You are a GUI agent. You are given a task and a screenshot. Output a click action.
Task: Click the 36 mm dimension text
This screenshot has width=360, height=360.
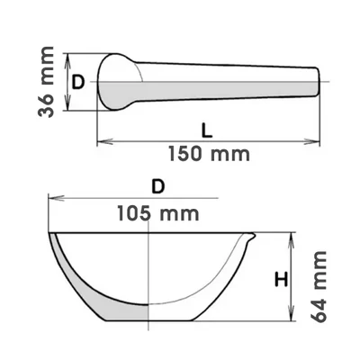[46, 82]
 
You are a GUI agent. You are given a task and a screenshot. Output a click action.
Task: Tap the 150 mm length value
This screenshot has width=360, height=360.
[209, 154]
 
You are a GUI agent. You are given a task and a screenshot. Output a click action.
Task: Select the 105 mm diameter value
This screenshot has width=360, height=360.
[158, 213]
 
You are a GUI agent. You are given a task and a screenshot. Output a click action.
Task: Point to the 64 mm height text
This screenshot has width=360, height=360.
[318, 286]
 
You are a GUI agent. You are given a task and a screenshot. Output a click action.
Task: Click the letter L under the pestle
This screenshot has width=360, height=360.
[207, 130]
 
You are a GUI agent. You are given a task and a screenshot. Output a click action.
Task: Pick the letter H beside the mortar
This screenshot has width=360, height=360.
[282, 280]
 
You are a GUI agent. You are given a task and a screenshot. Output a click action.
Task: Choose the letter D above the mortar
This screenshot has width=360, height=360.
[158, 187]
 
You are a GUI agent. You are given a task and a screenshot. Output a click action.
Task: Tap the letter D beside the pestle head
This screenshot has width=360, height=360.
[78, 82]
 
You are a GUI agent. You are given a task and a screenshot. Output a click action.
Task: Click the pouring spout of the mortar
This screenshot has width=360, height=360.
[251, 237]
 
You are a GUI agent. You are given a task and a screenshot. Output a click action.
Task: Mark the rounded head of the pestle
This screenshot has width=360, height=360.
[115, 82]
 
